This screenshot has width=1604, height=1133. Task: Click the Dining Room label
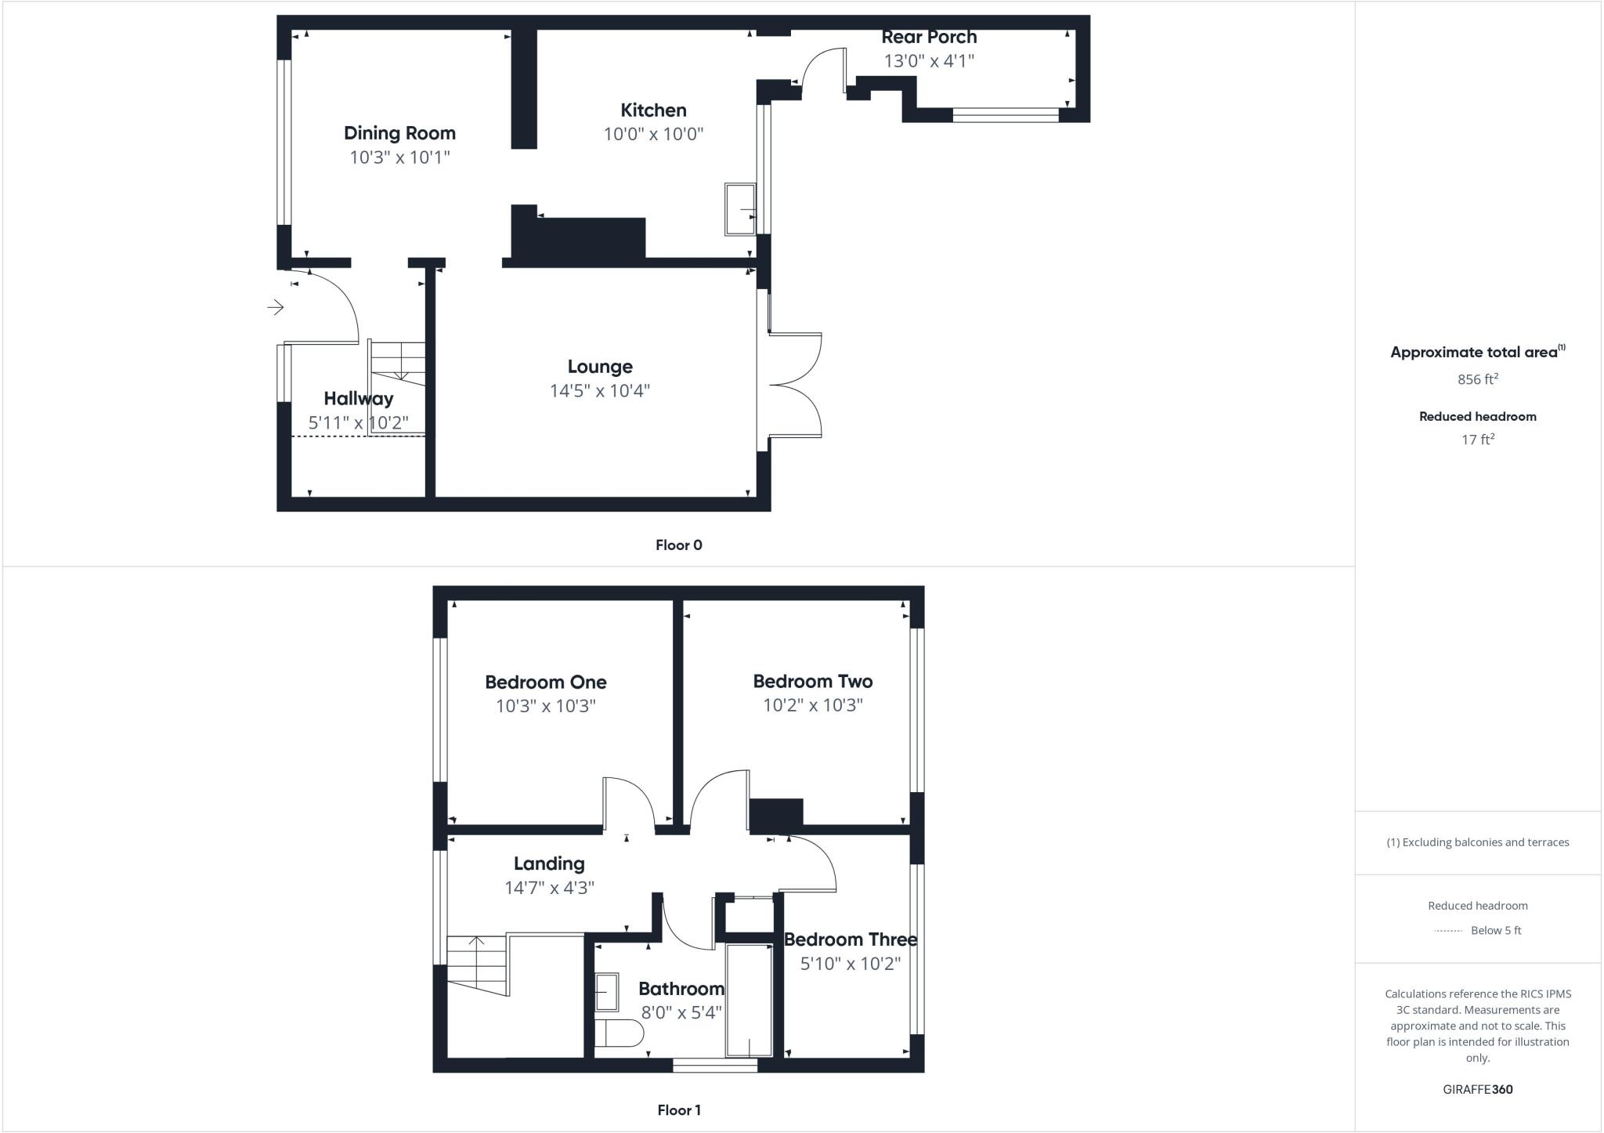coord(399,133)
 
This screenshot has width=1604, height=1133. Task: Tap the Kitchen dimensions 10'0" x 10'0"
coord(653,134)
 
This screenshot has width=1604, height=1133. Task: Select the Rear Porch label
coord(929,37)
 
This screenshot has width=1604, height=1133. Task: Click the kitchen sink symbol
coord(740,209)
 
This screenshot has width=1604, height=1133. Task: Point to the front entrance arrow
coord(275,307)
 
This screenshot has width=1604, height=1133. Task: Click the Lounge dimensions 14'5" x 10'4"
coord(600,390)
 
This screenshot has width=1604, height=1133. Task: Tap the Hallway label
coord(358,399)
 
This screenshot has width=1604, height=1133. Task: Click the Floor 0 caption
coord(678,545)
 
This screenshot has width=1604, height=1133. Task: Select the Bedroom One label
coord(545,682)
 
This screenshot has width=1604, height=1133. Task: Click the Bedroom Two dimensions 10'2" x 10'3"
coord(813,705)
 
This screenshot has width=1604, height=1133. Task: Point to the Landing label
coord(549,863)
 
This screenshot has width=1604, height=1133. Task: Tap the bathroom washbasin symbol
coord(606,992)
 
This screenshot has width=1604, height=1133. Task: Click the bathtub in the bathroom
coord(749,1001)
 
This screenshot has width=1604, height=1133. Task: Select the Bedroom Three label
coord(850,939)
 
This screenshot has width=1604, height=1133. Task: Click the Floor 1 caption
coord(678,1110)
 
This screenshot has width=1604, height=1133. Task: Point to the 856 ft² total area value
coord(1477,380)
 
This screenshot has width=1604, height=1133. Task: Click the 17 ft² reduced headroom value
coord(1477,440)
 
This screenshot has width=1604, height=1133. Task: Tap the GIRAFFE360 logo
coord(1477,1090)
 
